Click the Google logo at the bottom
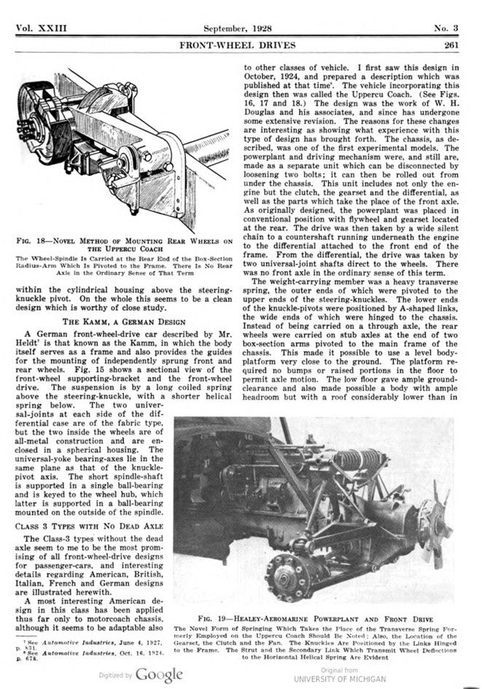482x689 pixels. [157, 675]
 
